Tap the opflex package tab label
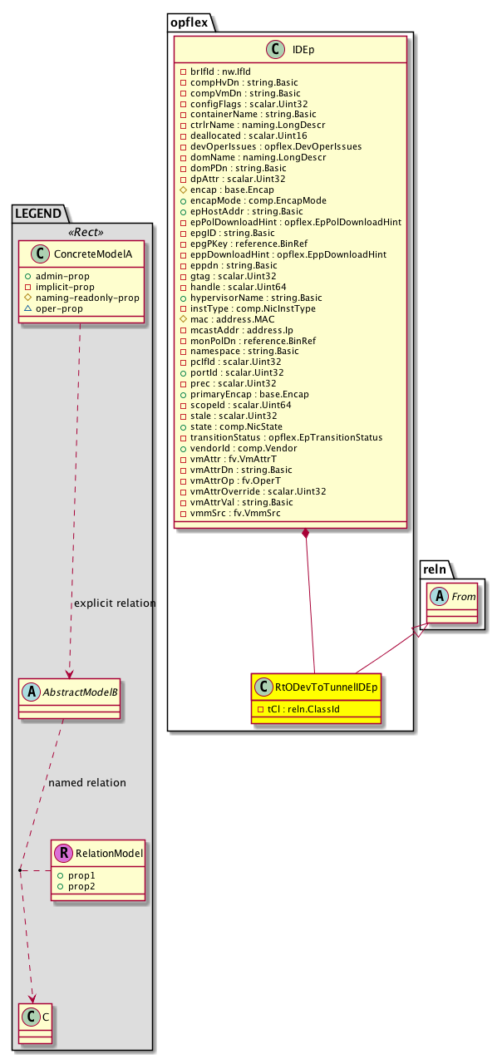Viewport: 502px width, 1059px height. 190,22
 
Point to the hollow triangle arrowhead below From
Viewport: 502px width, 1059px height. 420,630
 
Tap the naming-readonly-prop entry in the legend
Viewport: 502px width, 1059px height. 97,297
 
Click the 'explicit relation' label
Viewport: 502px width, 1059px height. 115,603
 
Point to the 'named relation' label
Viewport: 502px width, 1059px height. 87,783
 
